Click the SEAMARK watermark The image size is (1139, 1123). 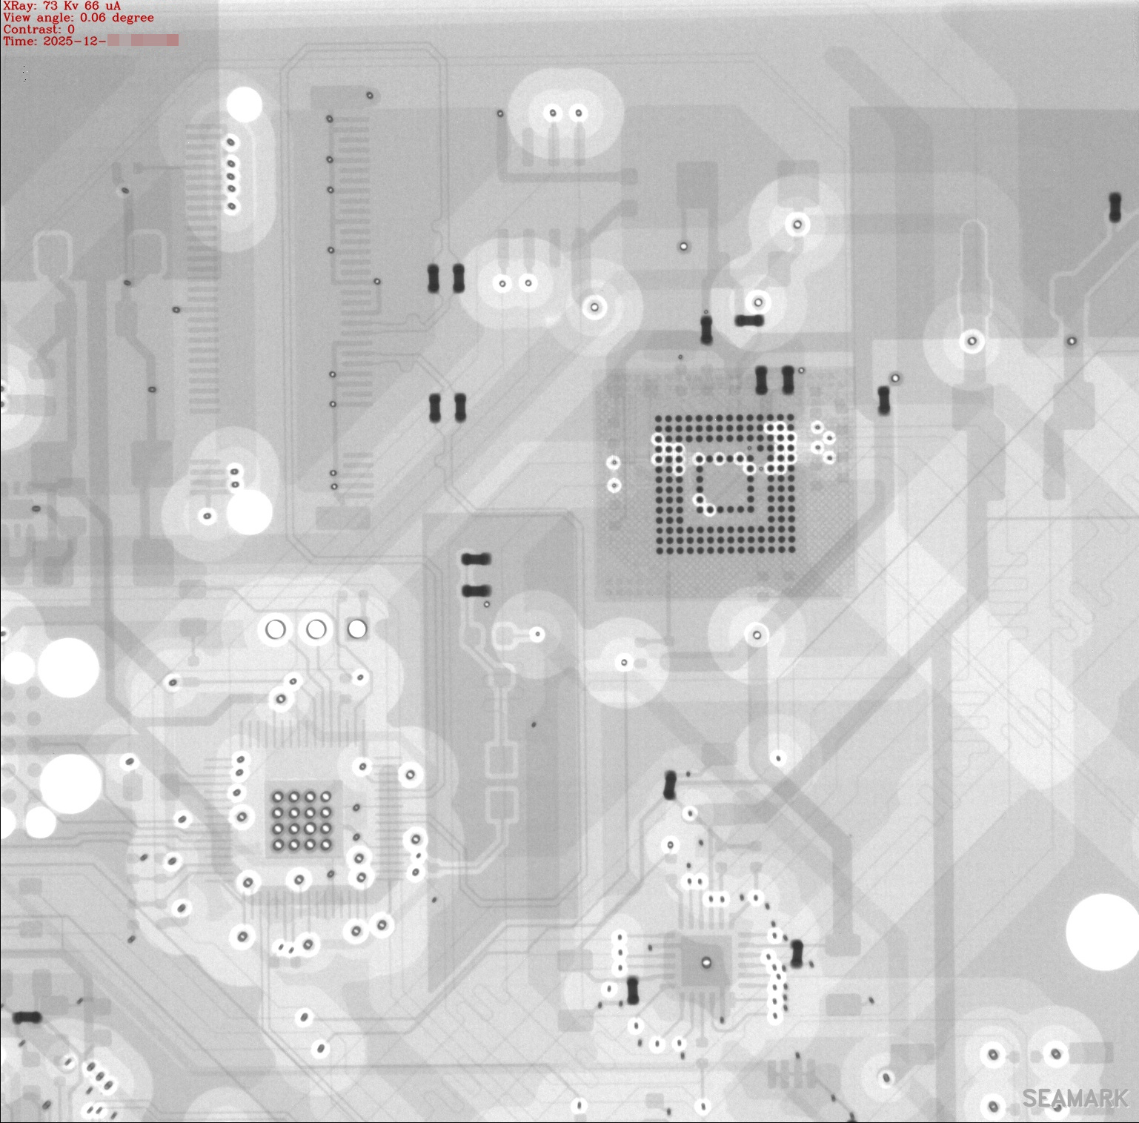[1075, 1099]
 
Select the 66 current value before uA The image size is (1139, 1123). [92, 6]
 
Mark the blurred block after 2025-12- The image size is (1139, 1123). [143, 41]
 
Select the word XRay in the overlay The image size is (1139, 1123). [19, 6]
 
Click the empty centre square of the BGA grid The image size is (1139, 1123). [724, 487]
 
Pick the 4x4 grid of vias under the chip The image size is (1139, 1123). [302, 821]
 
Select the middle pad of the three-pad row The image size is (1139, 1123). [316, 629]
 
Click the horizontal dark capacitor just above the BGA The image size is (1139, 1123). [749, 321]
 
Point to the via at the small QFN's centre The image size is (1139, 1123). [706, 963]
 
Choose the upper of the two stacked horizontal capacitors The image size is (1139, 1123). [476, 559]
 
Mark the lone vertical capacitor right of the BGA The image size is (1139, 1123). [883, 400]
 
